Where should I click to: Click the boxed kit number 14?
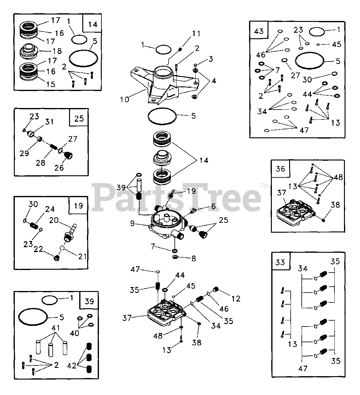point(93,25)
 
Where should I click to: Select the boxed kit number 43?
point(259,31)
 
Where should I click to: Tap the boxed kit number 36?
point(280,169)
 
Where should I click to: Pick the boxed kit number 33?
point(280,262)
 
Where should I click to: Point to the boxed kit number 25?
point(79,118)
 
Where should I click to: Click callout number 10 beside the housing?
point(125,99)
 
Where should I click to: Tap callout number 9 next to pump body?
point(133,223)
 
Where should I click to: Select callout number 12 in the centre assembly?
point(236,299)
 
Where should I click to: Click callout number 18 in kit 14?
point(57,51)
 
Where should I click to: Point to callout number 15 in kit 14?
point(51,84)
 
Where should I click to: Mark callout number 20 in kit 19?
point(54,220)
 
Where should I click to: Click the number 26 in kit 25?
point(59,168)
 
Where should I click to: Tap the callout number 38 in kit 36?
point(335,205)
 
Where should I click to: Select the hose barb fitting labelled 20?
point(70,233)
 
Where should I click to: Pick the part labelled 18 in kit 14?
point(29,52)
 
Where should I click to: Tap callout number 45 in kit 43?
point(337,44)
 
